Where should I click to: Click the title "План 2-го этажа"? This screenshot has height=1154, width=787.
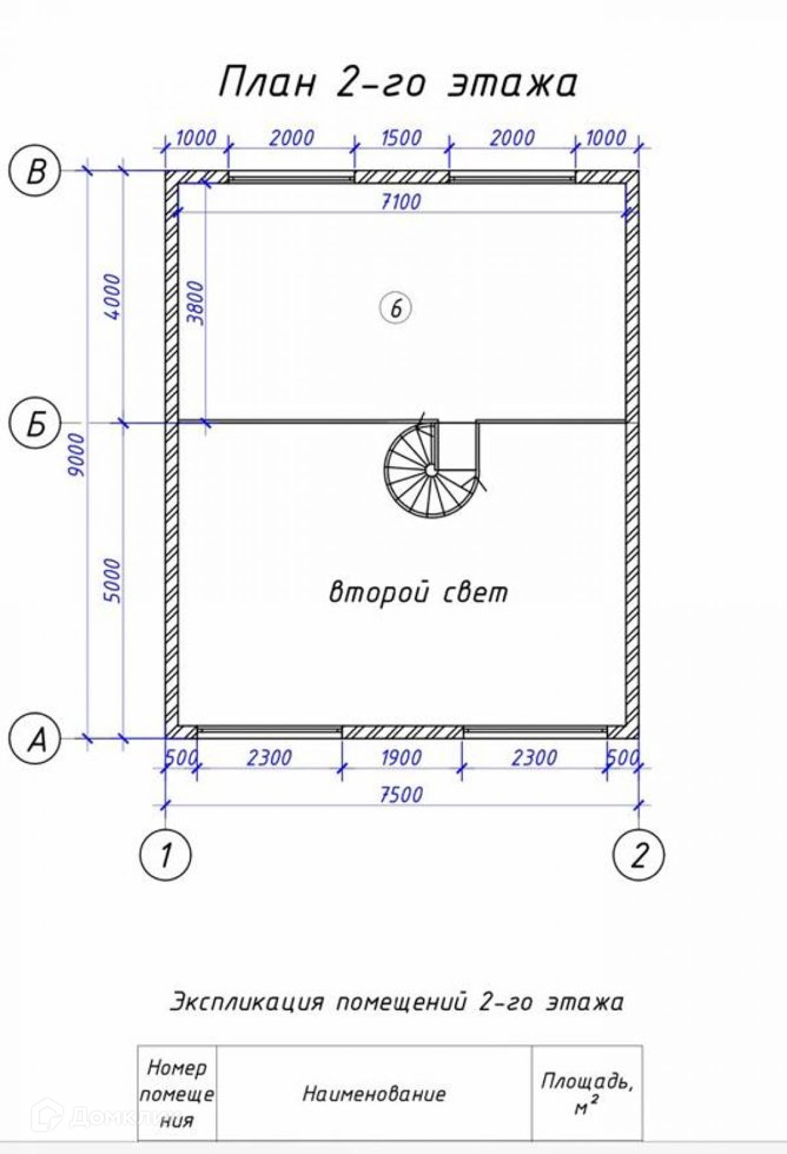(397, 83)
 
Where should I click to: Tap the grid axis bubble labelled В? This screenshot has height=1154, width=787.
(35, 172)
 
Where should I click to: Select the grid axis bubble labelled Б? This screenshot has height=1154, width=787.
(35, 424)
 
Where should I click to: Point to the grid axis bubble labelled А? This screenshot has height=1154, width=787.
(35, 739)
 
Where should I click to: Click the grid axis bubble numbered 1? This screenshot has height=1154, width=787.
(165, 854)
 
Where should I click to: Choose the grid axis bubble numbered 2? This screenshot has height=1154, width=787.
(638, 854)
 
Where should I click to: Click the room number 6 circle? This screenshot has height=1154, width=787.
(395, 308)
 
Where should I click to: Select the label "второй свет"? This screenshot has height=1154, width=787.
(418, 592)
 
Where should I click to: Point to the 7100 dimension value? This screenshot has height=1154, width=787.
(401, 201)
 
